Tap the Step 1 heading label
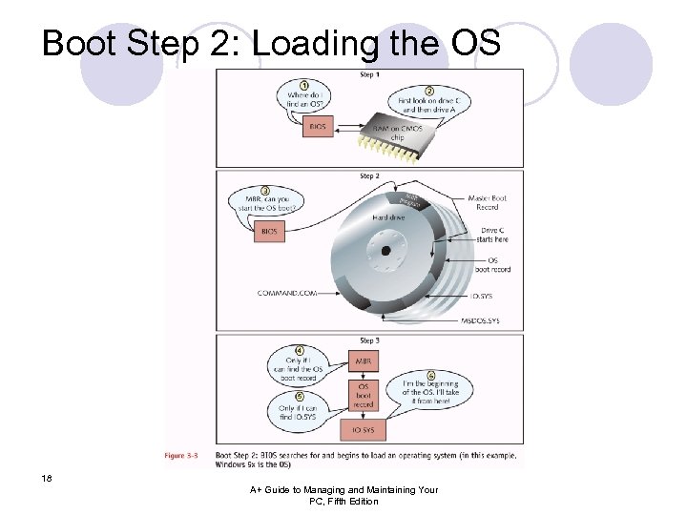click(368, 74)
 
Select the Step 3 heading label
click(368, 340)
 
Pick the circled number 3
click(264, 191)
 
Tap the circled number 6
click(431, 376)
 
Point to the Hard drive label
click(388, 217)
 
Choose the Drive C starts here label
click(494, 235)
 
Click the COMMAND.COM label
click(287, 292)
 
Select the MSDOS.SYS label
click(480, 321)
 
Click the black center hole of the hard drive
click(385, 251)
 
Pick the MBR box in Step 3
click(364, 361)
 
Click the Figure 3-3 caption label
click(180, 456)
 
